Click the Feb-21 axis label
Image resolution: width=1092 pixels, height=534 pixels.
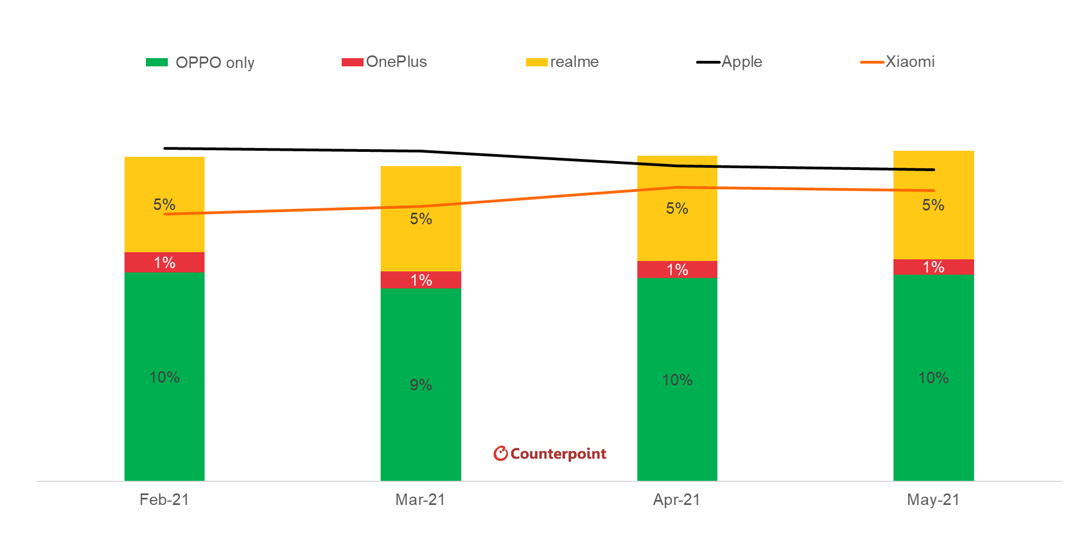(x=164, y=499)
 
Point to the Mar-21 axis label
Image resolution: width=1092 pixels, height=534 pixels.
(x=420, y=499)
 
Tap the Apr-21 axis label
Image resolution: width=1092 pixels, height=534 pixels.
(x=676, y=499)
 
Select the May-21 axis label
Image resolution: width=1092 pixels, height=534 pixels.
(x=933, y=499)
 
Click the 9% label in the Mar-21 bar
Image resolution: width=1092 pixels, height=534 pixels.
(x=421, y=385)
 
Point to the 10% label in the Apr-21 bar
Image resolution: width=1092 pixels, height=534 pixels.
(x=677, y=380)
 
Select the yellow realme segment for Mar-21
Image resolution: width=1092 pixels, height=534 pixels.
(x=421, y=241)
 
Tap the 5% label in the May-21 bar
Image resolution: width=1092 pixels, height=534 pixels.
(x=933, y=205)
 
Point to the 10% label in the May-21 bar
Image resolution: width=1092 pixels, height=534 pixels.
(x=933, y=378)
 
